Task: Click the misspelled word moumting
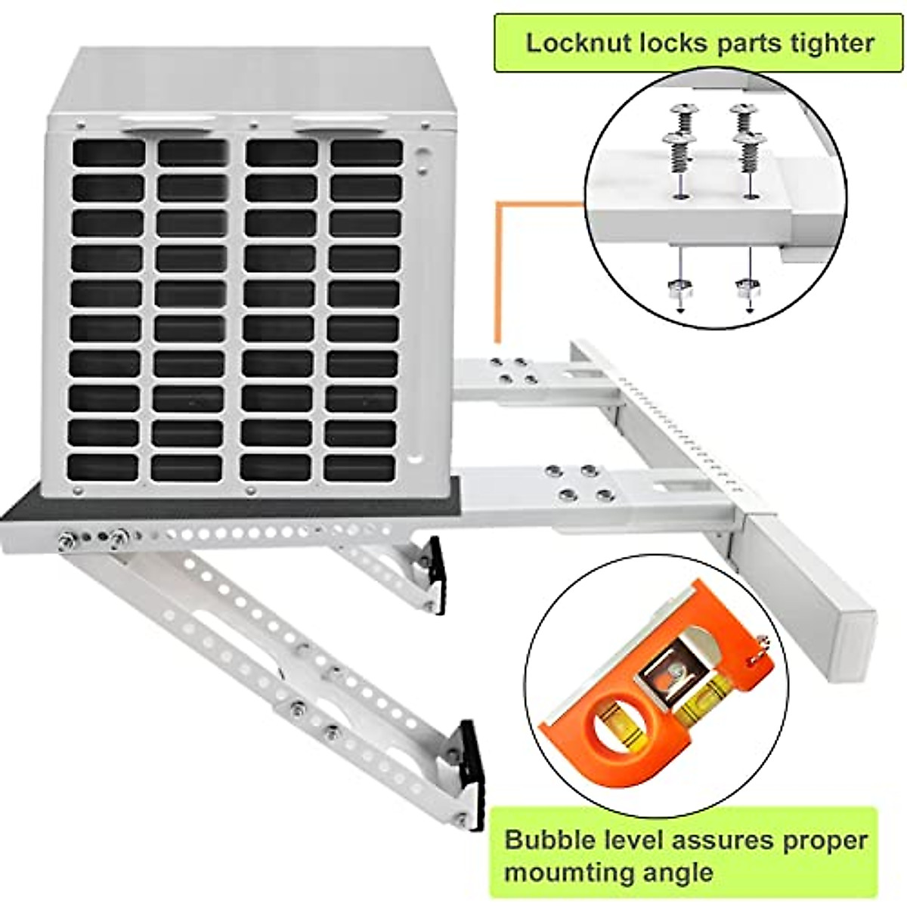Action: pyautogui.click(x=572, y=872)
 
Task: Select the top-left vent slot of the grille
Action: pyautogui.click(x=109, y=152)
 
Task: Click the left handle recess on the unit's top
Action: pyautogui.click(x=171, y=124)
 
